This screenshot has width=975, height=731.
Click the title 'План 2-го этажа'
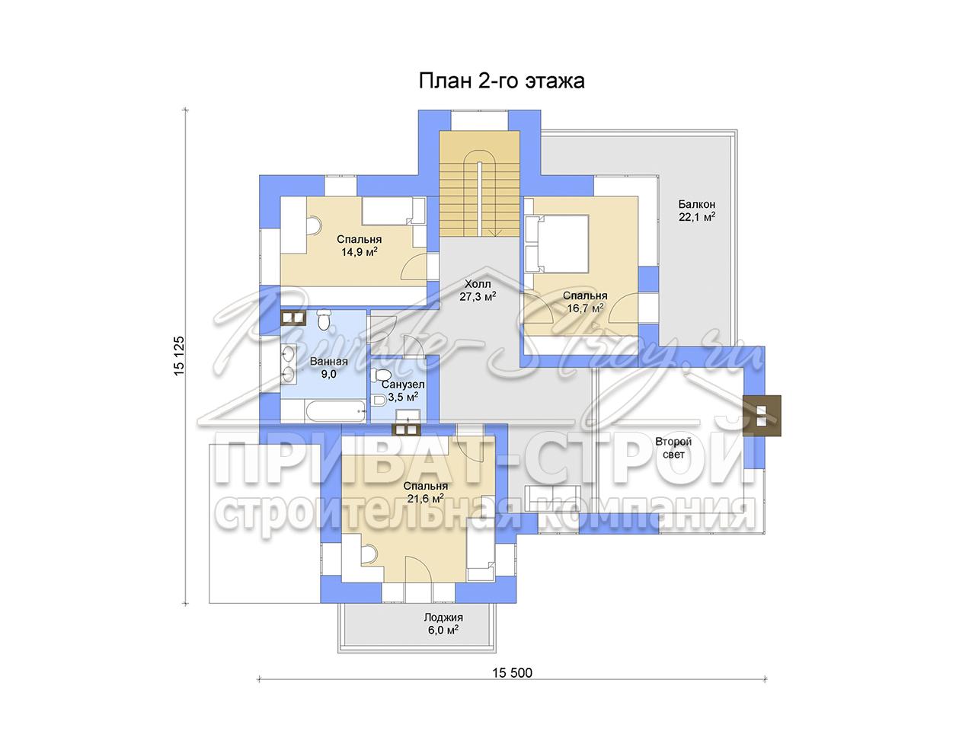pyautogui.click(x=501, y=81)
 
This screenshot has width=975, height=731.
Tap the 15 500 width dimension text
pyautogui.click(x=512, y=673)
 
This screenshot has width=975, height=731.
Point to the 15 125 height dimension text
pyautogui.click(x=179, y=356)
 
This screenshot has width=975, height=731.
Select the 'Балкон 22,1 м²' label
pyautogui.click(x=696, y=210)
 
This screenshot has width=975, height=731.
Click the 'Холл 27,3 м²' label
pyautogui.click(x=478, y=290)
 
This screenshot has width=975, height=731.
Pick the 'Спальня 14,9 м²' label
pyautogui.click(x=359, y=245)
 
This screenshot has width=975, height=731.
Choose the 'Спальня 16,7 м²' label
pyautogui.click(x=585, y=302)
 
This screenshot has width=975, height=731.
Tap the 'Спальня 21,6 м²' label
pyautogui.click(x=426, y=492)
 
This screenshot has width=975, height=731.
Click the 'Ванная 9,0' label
pyautogui.click(x=329, y=368)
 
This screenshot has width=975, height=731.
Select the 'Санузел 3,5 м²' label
pyautogui.click(x=403, y=391)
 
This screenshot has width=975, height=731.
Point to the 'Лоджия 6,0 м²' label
pyautogui.click(x=443, y=624)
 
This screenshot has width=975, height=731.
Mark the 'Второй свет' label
pyautogui.click(x=673, y=448)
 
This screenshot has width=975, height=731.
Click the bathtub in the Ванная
pyautogui.click(x=335, y=410)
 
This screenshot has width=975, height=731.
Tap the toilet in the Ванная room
pyautogui.click(x=324, y=320)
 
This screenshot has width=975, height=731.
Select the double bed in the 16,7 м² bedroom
pyautogui.click(x=558, y=243)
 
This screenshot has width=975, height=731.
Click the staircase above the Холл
pyautogui.click(x=479, y=184)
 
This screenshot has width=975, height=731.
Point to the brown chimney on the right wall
pyautogui.click(x=762, y=416)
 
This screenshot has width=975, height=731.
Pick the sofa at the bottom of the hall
pyautogui.click(x=551, y=499)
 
